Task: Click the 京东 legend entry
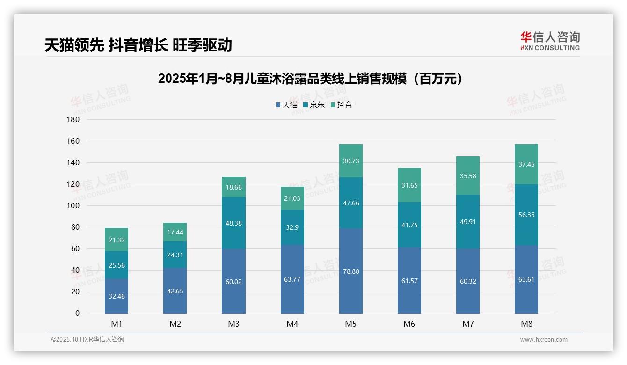(314, 104)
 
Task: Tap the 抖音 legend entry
(341, 104)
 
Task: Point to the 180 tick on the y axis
(74, 119)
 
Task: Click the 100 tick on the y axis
(74, 205)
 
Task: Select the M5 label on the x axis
(350, 324)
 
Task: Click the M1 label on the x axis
(117, 324)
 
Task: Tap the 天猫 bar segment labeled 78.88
(350, 271)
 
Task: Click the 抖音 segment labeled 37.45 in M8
(526, 164)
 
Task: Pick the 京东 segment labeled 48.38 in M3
(233, 223)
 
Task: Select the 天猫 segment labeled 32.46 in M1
(117, 296)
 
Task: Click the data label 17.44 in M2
(175, 232)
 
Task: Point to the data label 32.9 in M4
(292, 227)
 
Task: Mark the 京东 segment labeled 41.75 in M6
(409, 225)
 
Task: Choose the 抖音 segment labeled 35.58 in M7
(467, 175)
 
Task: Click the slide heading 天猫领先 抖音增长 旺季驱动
(138, 45)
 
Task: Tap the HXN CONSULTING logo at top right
(550, 41)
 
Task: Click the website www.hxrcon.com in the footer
(544, 340)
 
